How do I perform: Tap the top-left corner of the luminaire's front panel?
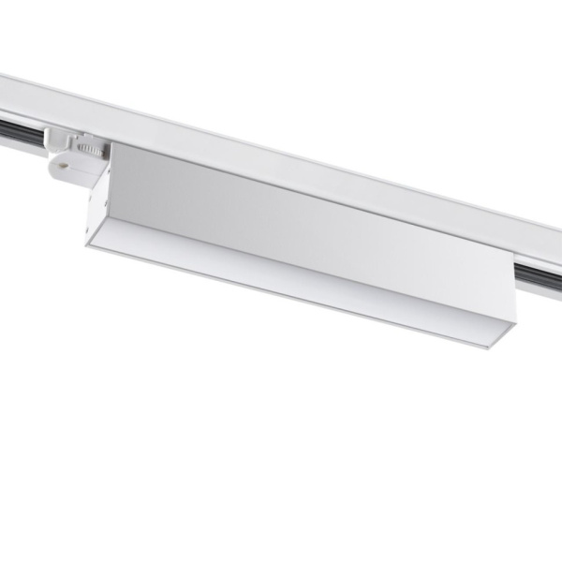tap(114, 148)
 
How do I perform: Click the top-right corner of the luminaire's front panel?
tap(513, 263)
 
